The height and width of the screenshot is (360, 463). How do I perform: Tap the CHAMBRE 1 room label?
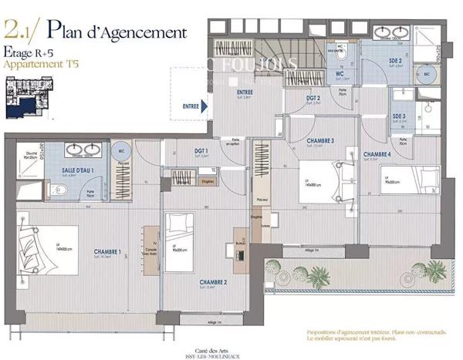(108, 251)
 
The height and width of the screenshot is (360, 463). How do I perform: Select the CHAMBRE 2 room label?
(212, 282)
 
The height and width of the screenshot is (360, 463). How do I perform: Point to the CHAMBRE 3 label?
(320, 141)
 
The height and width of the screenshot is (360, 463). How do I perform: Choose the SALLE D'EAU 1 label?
(78, 170)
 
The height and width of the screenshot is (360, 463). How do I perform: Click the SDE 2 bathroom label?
(395, 59)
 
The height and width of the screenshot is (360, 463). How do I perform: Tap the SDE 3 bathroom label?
(399, 116)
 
